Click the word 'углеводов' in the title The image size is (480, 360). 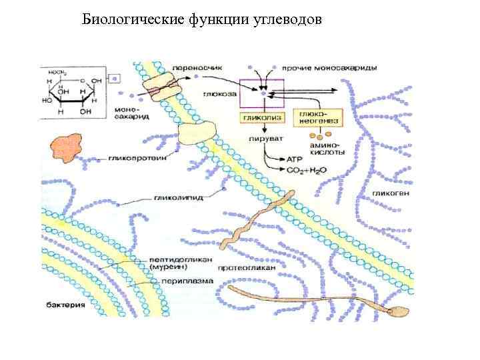click(x=287, y=20)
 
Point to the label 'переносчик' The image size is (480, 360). click(x=195, y=68)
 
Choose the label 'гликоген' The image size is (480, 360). click(x=387, y=193)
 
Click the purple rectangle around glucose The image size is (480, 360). click(x=262, y=94)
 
